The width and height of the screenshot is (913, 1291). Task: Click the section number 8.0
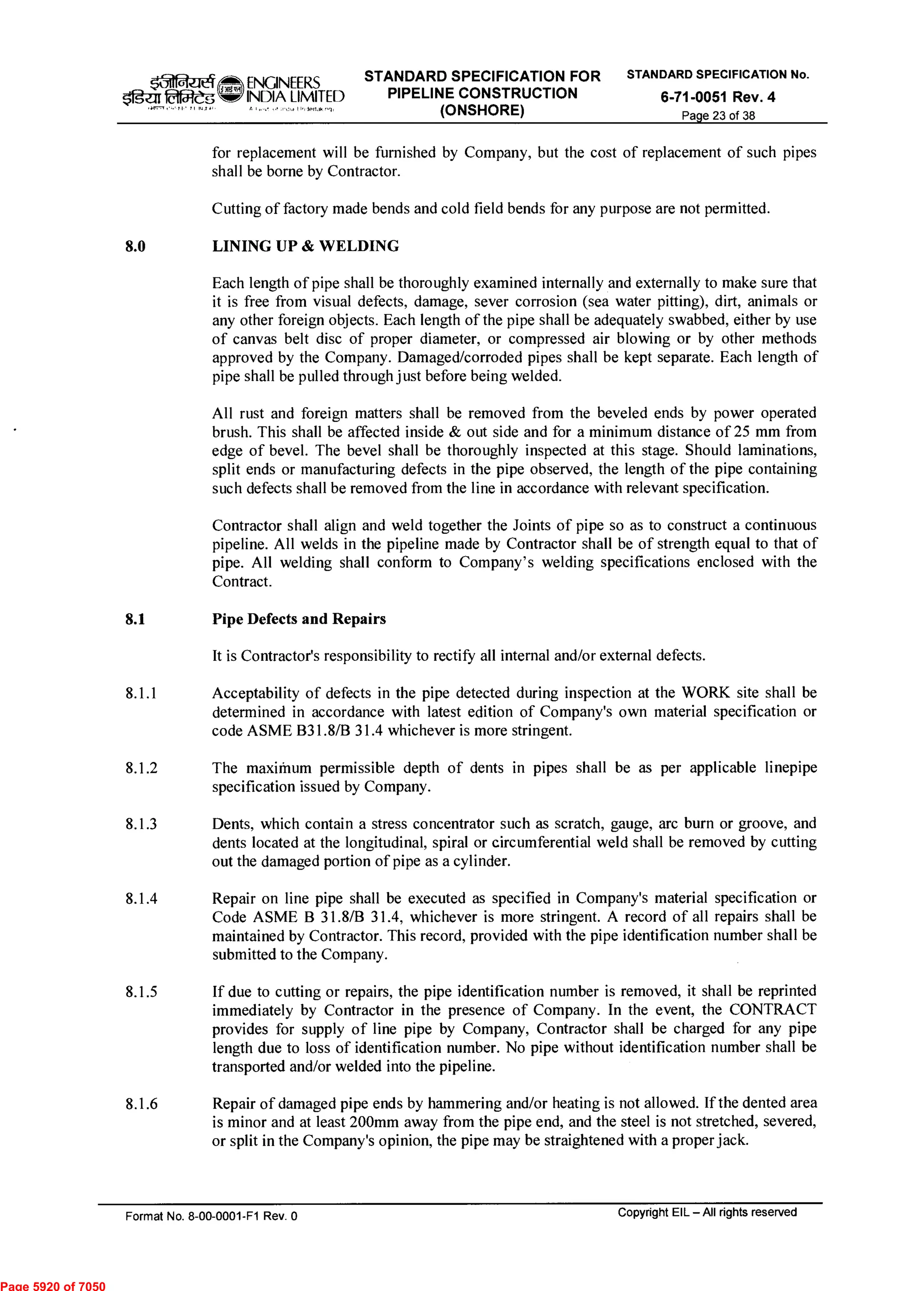point(136,246)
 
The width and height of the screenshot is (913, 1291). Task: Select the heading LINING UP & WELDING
point(305,246)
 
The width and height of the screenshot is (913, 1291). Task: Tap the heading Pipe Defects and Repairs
point(299,619)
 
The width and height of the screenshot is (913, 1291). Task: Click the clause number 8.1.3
point(141,824)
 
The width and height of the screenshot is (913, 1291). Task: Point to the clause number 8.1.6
point(141,1104)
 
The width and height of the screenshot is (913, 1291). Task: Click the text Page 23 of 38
point(718,116)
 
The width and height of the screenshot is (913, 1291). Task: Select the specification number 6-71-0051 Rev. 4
point(717,97)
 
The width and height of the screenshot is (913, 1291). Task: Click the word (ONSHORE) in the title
point(482,110)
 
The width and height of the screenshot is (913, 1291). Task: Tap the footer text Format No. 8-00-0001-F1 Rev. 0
point(211,1216)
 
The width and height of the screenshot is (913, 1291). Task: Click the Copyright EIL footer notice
point(707,1212)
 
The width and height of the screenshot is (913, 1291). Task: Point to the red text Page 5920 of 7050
point(53,1285)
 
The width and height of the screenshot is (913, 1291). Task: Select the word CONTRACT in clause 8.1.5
point(773,1010)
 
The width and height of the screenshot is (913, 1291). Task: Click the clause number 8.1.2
point(141,768)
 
